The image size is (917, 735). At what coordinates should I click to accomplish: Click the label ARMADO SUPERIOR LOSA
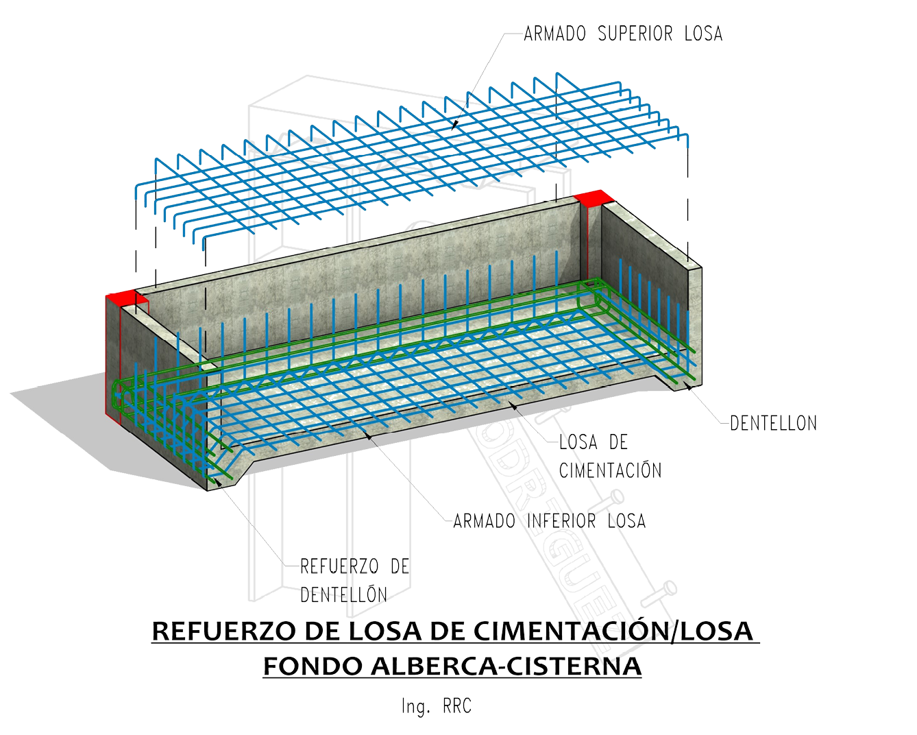click(x=622, y=34)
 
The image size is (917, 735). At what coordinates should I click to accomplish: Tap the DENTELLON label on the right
click(x=773, y=423)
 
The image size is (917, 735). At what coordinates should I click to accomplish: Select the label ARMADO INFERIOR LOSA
click(x=549, y=521)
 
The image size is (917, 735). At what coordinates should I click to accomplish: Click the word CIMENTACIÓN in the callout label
click(x=610, y=470)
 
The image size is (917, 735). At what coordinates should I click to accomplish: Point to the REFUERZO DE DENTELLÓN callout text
click(x=354, y=580)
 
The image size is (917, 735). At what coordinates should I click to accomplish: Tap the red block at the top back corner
click(x=594, y=198)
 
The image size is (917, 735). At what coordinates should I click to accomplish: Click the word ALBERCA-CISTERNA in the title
click(x=506, y=666)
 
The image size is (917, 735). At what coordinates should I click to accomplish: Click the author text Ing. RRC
click(x=437, y=706)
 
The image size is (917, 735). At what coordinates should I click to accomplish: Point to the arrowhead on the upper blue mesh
click(x=454, y=125)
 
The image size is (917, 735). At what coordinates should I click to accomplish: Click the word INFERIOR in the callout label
click(x=561, y=521)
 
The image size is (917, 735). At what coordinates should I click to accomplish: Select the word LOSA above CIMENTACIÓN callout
click(x=578, y=442)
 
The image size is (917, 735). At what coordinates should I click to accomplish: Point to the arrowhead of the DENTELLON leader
click(x=687, y=387)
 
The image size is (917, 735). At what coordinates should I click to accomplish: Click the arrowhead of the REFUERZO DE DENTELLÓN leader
click(x=218, y=481)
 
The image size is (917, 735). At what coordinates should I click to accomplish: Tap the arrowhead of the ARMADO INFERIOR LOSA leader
click(x=369, y=434)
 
